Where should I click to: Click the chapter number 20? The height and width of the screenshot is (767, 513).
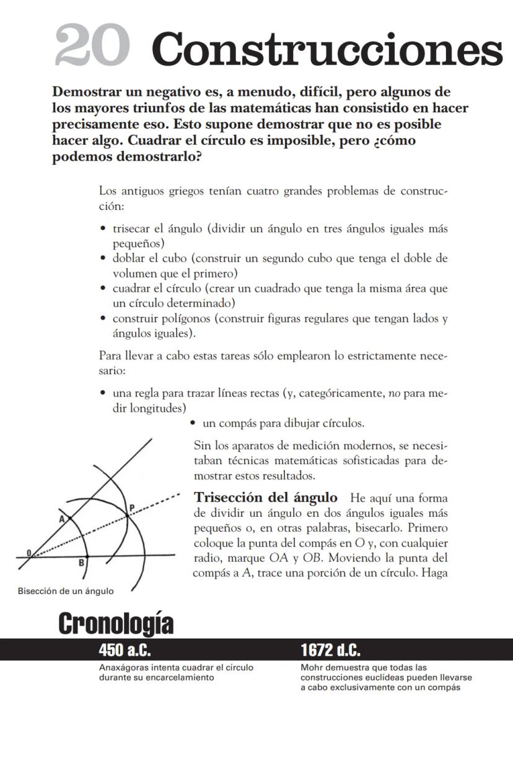point(92,47)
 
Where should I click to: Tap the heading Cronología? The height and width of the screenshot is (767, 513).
point(116,624)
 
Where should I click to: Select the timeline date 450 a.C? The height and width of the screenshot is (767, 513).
point(125,650)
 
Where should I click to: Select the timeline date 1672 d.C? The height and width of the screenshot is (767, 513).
point(331,650)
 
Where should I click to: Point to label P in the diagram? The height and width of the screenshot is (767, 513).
point(131,507)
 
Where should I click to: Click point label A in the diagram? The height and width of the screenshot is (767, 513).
point(62,520)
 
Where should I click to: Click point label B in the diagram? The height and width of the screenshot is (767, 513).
point(81,563)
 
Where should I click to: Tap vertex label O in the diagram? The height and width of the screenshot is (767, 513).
point(28,552)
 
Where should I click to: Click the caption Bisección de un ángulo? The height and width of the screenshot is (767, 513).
point(65,591)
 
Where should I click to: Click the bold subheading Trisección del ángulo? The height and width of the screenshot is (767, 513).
point(266,497)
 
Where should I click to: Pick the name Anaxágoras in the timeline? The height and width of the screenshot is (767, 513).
point(123,668)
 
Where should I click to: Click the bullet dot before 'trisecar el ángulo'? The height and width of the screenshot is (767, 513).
point(103,229)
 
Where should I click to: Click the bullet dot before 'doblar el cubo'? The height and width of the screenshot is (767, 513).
point(103,258)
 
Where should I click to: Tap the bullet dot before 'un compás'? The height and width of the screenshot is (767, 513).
point(194,424)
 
